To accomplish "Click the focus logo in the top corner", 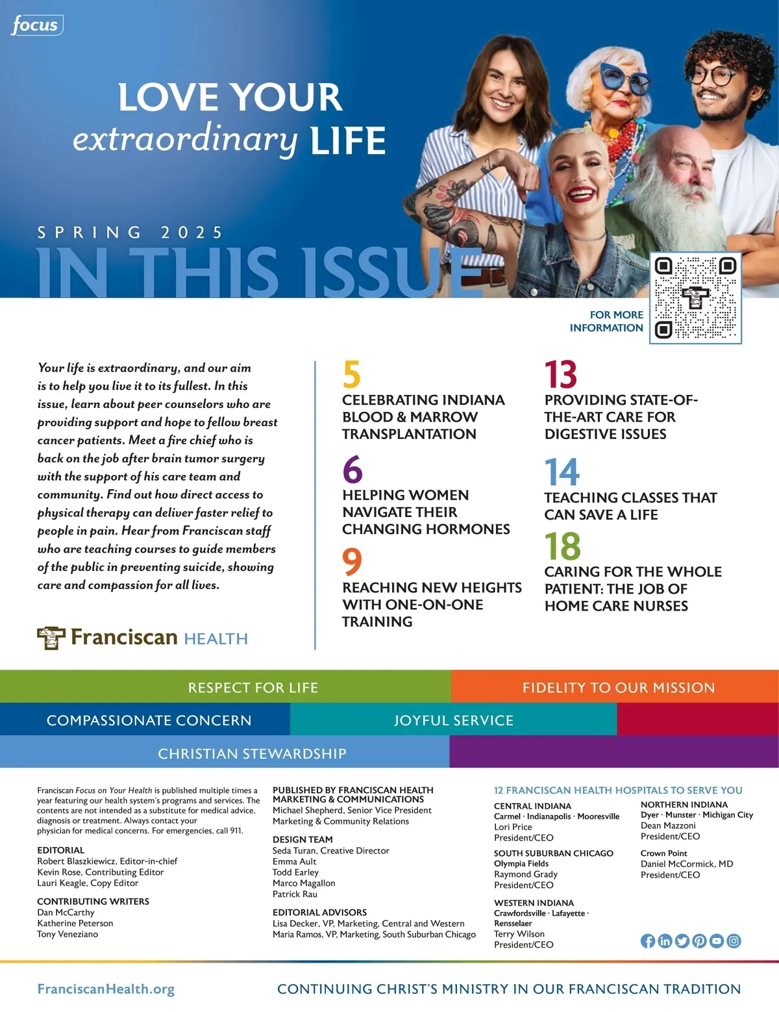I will point(36,25).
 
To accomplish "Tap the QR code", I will point(695,298).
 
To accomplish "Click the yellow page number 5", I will point(351,375).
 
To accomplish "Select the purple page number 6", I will point(352,470).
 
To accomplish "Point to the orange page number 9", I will point(352,561).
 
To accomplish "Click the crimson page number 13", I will point(560,375).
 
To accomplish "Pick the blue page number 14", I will point(562,472).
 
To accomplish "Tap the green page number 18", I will point(563,546).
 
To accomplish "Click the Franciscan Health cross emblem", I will point(51,638).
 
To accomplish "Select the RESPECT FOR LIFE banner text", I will point(253,687).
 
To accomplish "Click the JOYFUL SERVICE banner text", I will point(453,720).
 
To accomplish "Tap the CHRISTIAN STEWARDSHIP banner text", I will point(252,753).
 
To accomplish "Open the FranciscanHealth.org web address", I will point(106,989).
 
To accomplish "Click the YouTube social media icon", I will point(716,941).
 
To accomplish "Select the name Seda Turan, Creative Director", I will point(330,850).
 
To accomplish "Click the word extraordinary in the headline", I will point(185,138).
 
